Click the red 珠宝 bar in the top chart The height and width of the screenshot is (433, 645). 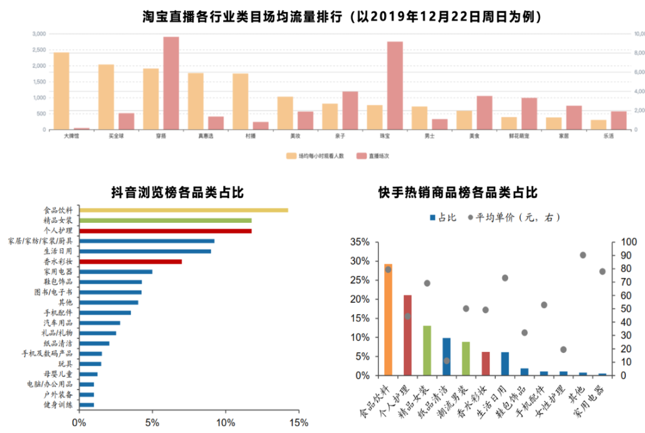(395, 85)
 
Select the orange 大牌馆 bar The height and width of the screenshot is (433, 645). (61, 91)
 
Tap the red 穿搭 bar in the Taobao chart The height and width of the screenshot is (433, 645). (171, 83)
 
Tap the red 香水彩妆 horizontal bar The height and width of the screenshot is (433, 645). (131, 262)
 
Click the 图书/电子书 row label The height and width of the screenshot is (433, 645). (54, 293)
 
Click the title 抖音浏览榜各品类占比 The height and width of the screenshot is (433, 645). (177, 192)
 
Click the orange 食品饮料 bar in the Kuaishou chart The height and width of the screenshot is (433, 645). (388, 320)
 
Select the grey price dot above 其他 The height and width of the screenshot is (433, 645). (583, 255)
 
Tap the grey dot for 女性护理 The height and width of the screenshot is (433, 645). (563, 349)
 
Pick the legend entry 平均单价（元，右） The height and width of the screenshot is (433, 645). (514, 217)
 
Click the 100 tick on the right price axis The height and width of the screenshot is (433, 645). (630, 242)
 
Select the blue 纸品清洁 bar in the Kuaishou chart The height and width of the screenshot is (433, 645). (446, 357)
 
